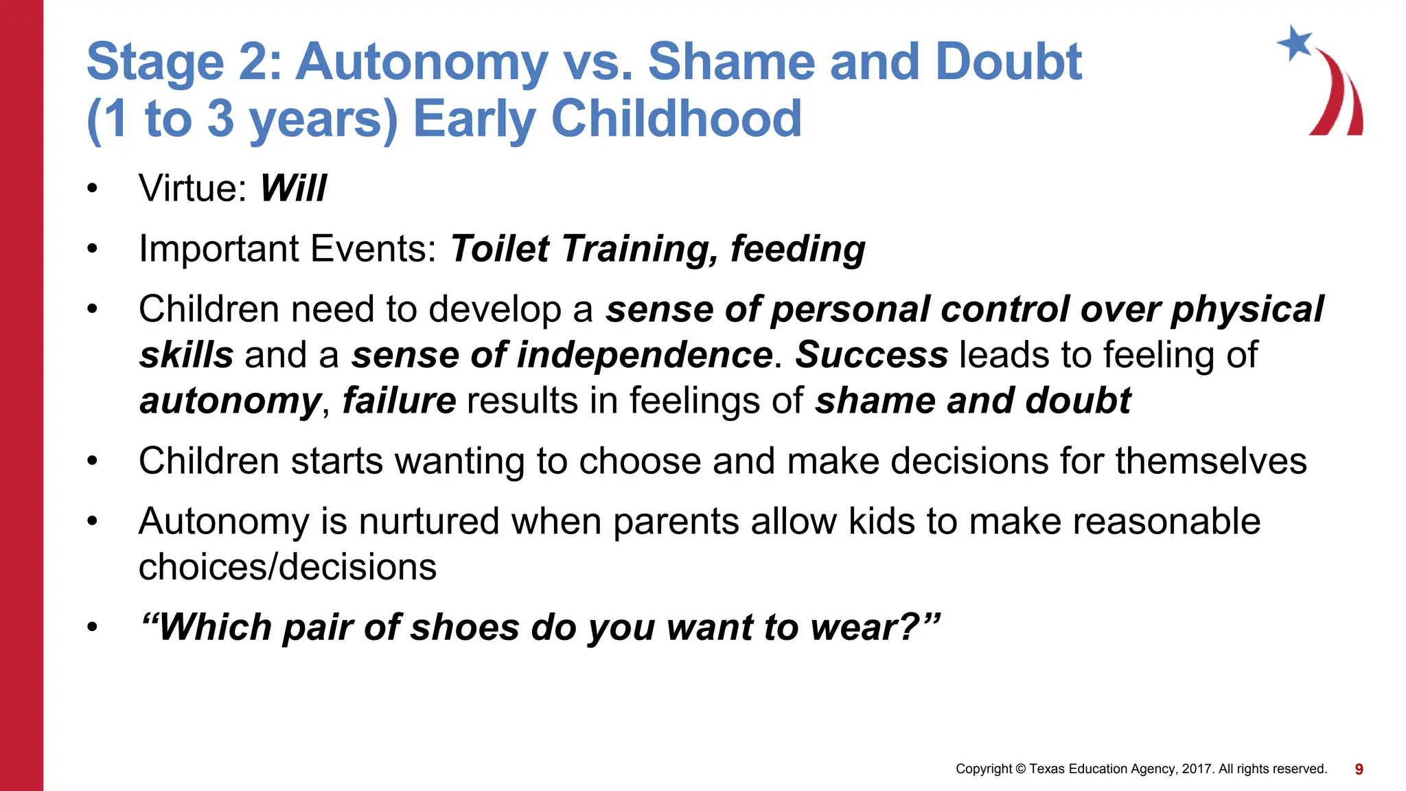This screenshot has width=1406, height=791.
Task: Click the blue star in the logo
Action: click(1295, 43)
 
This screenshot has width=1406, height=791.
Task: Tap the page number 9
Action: click(1359, 769)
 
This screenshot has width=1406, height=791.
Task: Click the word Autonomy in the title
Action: click(422, 62)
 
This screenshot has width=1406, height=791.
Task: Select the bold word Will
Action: click(293, 188)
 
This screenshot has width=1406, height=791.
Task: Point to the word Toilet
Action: click(500, 249)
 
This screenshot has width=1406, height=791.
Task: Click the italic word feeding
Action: click(797, 249)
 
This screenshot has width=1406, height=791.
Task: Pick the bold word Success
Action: click(871, 355)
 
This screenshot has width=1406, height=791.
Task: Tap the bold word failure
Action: click(399, 401)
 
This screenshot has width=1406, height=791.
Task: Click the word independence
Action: click(644, 355)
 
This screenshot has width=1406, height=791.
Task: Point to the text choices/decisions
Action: click(287, 567)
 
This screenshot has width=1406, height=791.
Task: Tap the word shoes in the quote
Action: click(464, 628)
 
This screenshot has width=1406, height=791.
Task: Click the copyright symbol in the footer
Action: click(1020, 769)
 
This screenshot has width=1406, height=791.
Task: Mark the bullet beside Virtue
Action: click(93, 189)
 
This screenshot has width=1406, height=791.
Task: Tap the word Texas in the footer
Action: click(1046, 769)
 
